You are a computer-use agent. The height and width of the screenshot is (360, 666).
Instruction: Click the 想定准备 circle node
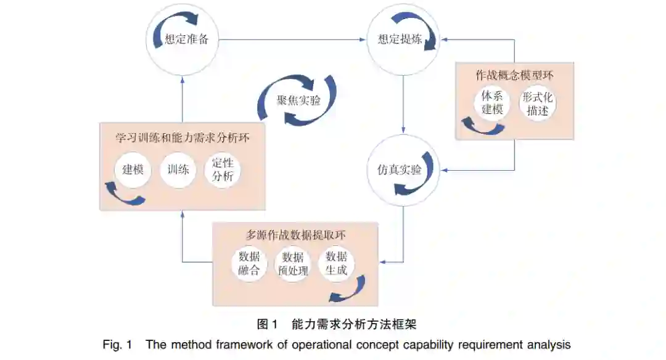pos(183,40)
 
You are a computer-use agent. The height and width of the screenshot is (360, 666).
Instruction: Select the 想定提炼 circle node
pos(403,40)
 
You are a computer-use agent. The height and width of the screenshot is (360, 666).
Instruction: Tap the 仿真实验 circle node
pos(403,170)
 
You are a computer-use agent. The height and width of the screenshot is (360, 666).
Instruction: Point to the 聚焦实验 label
pos(297,100)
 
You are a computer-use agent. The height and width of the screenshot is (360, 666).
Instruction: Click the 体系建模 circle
pos(493,102)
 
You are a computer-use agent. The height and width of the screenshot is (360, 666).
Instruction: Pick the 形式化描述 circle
pos(538,102)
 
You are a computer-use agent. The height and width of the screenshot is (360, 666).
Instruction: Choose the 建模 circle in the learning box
pos(133,169)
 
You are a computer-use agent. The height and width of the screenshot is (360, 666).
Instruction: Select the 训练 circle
pos(178,169)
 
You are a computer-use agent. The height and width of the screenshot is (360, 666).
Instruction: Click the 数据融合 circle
pos(249,263)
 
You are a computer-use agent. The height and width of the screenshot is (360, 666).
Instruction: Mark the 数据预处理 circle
pos(293,263)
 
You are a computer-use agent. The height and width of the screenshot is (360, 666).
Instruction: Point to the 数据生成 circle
pos(337,263)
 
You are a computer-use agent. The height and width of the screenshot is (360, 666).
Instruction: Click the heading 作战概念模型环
pos(514,75)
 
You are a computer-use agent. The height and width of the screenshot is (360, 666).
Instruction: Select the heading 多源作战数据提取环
pos(295,235)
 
